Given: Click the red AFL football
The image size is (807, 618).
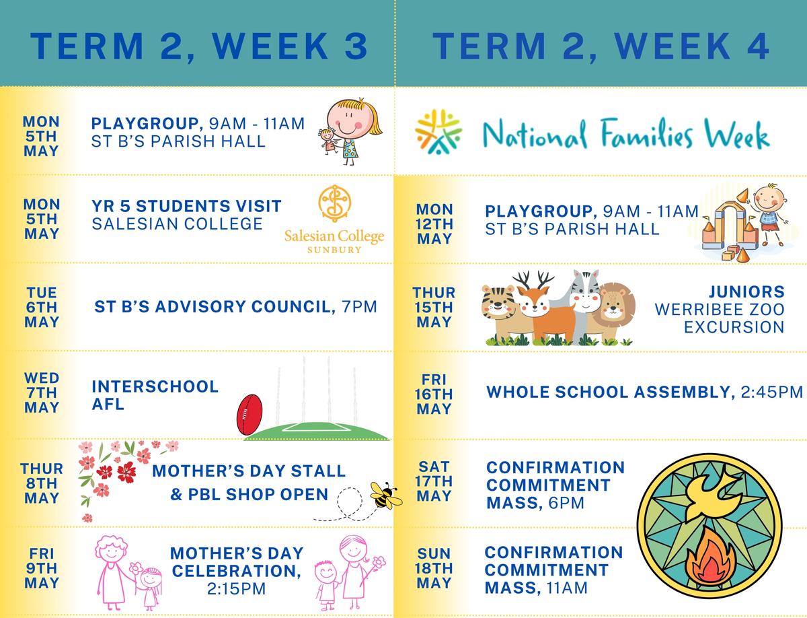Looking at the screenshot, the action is [249, 415].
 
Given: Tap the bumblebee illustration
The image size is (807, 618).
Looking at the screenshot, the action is [386, 495].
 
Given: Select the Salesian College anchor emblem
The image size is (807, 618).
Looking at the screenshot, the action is [334, 203].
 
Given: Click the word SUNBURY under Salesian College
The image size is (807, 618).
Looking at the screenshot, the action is [334, 250].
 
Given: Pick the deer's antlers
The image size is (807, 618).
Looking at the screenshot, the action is [533, 281].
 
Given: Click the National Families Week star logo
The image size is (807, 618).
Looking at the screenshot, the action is [438, 131].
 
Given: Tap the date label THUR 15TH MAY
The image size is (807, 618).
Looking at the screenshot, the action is [434, 308].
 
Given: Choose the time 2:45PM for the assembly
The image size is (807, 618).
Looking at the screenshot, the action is [772, 392].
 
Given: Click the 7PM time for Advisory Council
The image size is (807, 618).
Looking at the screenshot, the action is [360, 306].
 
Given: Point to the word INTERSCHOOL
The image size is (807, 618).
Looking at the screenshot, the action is [155, 386].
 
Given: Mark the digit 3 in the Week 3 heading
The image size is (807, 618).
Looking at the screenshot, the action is [356, 46].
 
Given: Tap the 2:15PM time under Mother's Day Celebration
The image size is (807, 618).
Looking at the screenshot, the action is [237, 588].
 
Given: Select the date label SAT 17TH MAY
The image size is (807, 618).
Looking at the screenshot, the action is [434, 481].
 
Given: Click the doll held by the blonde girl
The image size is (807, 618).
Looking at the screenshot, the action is [328, 141].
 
